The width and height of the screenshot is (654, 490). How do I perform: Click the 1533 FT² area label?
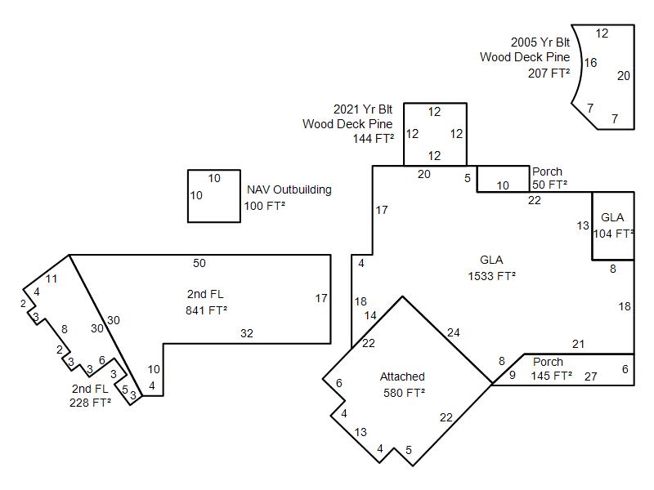click(491, 276)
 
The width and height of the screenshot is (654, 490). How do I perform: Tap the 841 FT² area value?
click(207, 310)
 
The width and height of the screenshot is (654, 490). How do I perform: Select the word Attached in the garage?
click(402, 376)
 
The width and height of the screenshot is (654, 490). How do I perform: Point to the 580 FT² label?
click(404, 393)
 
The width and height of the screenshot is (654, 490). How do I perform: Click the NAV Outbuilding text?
click(289, 189)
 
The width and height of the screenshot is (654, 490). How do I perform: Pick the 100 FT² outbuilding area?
click(264, 206)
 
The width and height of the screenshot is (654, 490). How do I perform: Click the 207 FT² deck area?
click(549, 73)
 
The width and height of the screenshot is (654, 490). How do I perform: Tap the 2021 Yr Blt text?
click(363, 109)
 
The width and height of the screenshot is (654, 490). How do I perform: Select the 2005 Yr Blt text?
click(540, 42)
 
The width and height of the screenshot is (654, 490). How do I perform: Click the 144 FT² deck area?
click(374, 138)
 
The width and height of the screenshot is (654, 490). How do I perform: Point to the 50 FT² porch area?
click(549, 185)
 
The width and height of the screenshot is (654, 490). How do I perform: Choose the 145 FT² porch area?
click(551, 376)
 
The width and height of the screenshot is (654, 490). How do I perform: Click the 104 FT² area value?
click(613, 234)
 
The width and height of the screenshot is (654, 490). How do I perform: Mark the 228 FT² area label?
click(90, 403)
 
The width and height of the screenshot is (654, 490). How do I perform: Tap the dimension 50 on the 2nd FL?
click(199, 263)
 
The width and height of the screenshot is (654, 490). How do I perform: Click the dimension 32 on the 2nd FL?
click(247, 333)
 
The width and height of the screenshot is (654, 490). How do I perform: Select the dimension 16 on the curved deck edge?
click(590, 63)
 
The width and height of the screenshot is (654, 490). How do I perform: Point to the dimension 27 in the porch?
click(590, 376)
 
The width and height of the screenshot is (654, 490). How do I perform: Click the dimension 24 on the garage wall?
click(454, 332)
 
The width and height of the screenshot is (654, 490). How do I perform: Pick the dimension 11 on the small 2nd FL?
click(52, 278)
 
